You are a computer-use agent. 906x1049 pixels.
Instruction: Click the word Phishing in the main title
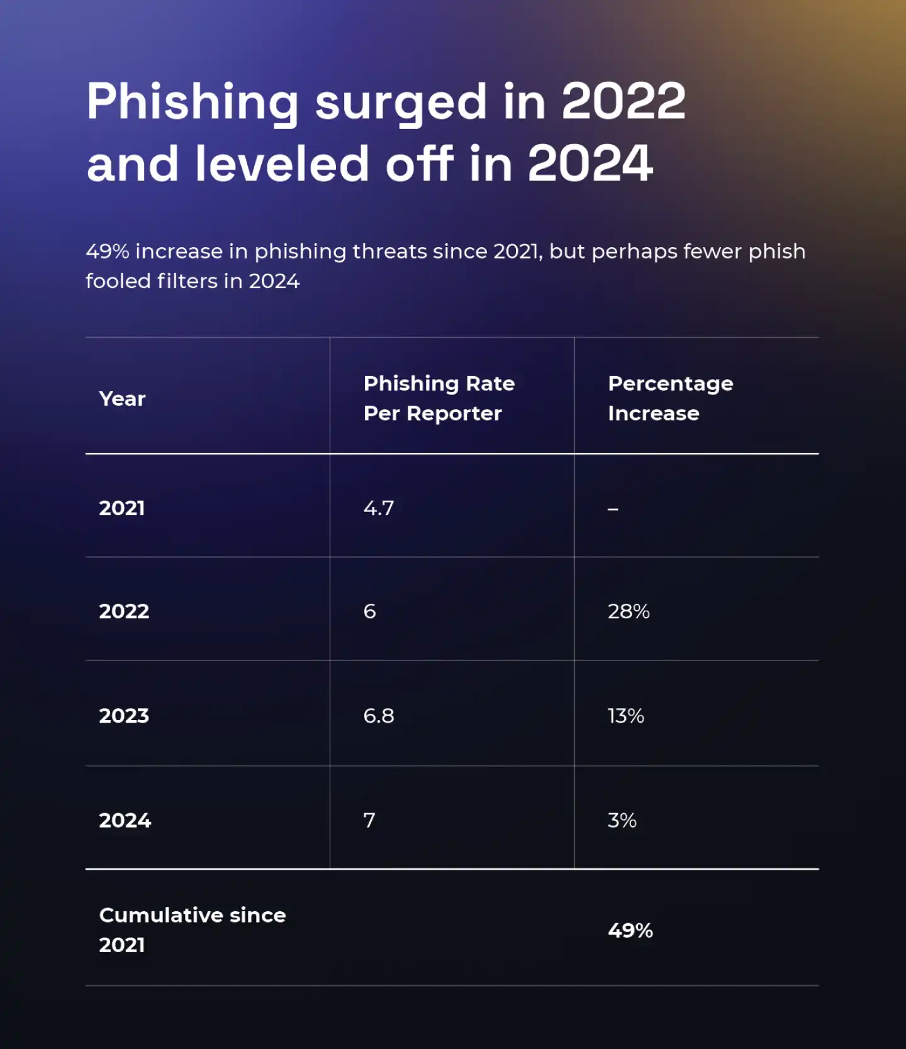[x=193, y=102]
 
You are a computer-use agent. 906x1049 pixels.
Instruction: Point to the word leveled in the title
[x=281, y=164]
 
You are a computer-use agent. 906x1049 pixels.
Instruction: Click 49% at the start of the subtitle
[x=108, y=252]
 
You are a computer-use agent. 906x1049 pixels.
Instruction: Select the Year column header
[x=122, y=399]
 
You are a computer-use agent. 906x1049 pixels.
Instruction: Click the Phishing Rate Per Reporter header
[x=439, y=398]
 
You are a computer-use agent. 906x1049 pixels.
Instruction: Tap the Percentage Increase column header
[x=670, y=398]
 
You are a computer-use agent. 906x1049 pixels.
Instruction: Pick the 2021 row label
[x=122, y=508]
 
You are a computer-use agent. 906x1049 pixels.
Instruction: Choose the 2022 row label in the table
[x=124, y=611]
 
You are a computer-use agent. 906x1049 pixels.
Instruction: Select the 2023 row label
[x=124, y=716]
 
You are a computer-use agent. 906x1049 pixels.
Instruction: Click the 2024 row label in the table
[x=125, y=820]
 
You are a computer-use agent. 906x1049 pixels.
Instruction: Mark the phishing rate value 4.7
[x=379, y=508]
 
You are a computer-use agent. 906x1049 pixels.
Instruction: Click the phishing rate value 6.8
[x=379, y=716]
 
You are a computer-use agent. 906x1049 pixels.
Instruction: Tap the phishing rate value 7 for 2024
[x=369, y=820]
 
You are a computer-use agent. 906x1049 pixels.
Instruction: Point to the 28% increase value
[x=629, y=611]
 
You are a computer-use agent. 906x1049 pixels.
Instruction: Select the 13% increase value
[x=626, y=716]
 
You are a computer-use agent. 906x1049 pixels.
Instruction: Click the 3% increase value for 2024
[x=622, y=820]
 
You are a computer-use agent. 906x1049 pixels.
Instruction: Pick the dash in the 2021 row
[x=613, y=509]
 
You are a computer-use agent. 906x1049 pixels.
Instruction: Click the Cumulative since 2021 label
[x=192, y=930]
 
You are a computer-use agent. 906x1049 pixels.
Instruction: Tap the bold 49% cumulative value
[x=630, y=930]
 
